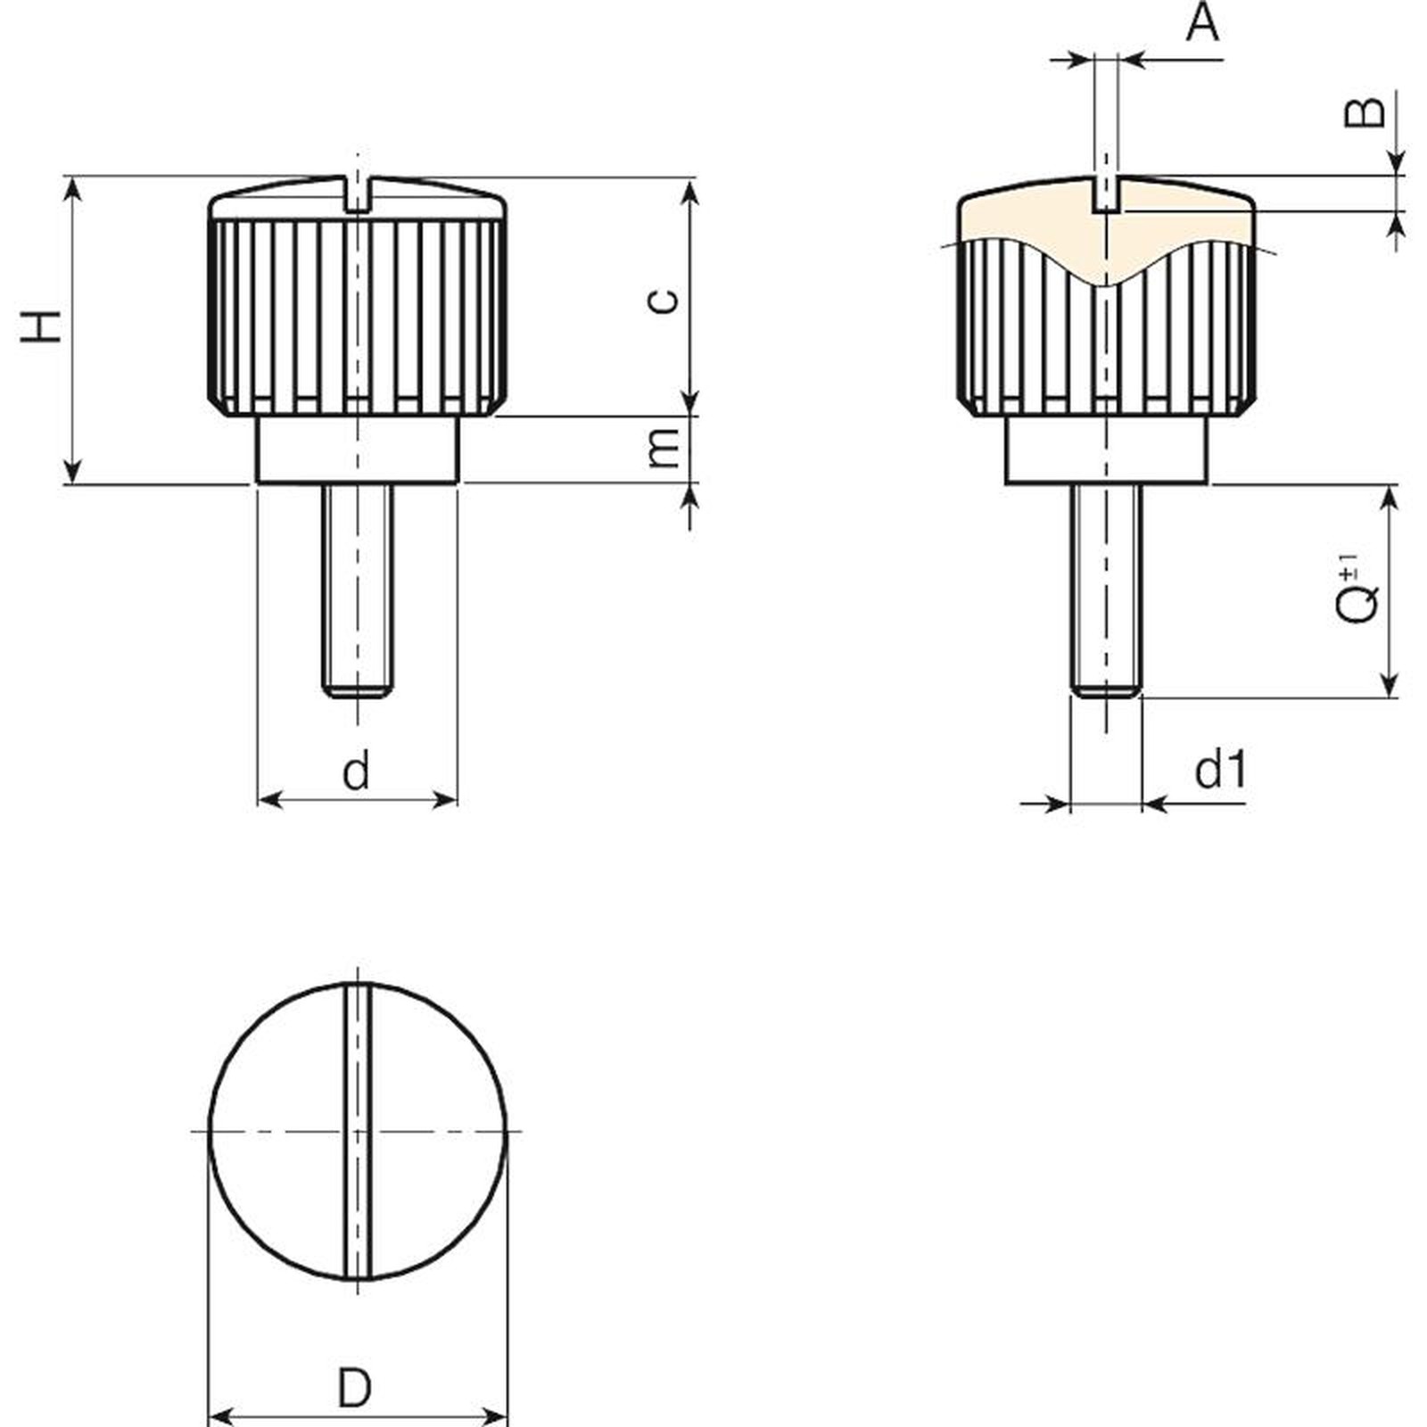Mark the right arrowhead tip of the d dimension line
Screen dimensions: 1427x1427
coord(457,798)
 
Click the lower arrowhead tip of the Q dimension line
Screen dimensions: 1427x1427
coord(1389,697)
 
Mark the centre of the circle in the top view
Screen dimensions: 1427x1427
coord(357,1131)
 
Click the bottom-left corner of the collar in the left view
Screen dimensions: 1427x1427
coord(257,483)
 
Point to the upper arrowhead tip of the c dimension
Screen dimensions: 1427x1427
coord(690,179)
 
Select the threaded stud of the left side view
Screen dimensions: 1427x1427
coord(357,590)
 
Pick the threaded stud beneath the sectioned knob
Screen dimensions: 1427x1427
coord(1106,590)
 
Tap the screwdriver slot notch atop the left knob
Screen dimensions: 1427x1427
coord(357,194)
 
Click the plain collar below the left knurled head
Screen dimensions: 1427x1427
coord(357,450)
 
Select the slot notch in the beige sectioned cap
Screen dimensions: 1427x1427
coord(1107,194)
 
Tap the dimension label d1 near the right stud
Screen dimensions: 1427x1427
coord(1220,769)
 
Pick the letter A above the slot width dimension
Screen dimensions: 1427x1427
coord(1202,23)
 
